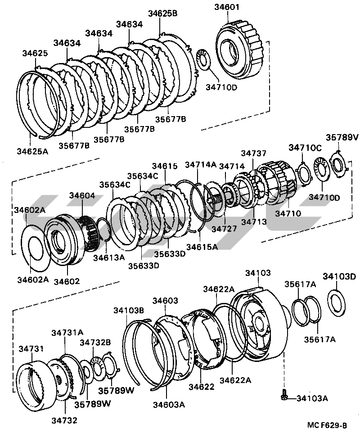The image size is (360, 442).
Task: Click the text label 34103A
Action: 312,398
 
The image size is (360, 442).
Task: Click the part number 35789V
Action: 342,138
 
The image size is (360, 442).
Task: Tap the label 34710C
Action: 305,147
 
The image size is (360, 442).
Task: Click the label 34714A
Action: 201,165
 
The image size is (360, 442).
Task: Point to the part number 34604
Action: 82,195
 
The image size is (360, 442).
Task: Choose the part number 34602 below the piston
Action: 67,281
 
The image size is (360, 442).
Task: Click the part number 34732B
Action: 95,342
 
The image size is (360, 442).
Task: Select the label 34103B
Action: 129,311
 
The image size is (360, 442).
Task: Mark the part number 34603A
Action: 169,404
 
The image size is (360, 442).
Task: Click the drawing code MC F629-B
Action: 327,425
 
